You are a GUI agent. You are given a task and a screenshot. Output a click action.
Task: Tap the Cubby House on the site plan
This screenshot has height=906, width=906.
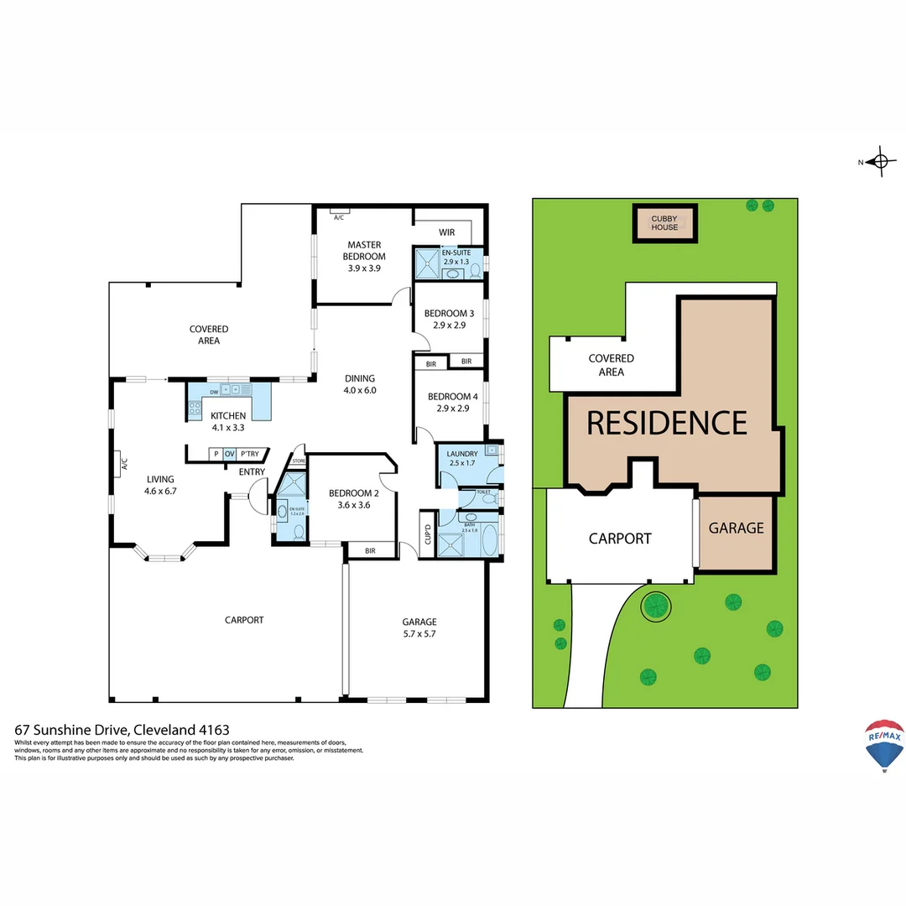[664, 223]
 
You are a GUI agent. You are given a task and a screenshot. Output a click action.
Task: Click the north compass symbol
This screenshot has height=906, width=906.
[879, 162]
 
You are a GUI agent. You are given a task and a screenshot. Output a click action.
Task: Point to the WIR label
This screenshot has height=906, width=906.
[447, 232]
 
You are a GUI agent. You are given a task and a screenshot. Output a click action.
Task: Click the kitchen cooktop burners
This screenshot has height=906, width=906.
[195, 409]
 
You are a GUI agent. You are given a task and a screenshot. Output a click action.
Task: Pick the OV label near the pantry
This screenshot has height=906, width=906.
[229, 454]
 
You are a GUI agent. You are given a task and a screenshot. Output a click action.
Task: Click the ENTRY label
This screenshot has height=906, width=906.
[252, 472]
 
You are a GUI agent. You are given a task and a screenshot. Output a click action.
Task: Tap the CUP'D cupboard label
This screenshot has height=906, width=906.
[427, 533]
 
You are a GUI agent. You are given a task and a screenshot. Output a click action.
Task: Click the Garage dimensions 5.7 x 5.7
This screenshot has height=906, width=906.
[419, 634]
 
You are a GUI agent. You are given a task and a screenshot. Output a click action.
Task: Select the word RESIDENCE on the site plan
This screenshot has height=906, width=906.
[666, 423]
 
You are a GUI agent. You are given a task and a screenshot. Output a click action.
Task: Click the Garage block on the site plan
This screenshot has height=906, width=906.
[736, 528]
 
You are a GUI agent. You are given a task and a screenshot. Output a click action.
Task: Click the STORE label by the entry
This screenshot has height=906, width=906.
[298, 461]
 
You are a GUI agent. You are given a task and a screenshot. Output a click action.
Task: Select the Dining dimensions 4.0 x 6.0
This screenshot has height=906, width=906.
[359, 390]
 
